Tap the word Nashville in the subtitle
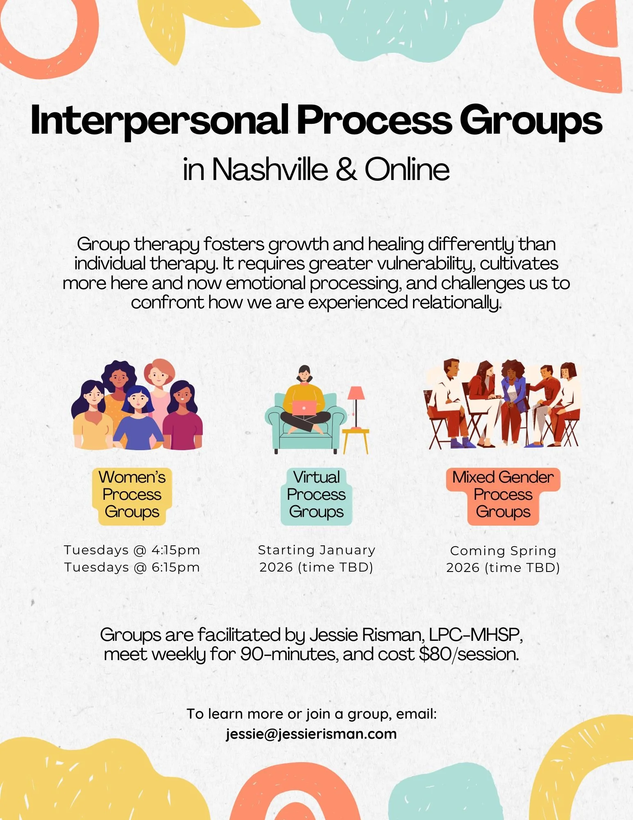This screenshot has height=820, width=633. (270, 169)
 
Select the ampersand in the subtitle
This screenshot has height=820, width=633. (346, 169)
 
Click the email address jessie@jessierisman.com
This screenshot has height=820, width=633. (311, 733)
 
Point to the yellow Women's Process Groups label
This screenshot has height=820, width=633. (132, 494)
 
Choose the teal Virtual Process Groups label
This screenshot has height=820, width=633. (316, 494)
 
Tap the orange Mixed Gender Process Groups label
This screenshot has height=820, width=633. (503, 494)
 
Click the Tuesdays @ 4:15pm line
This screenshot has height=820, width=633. (132, 550)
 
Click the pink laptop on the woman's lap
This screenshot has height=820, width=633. (304, 407)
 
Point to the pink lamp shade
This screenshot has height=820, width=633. (356, 393)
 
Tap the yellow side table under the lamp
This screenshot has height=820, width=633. (355, 439)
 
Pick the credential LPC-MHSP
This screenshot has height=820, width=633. (475, 635)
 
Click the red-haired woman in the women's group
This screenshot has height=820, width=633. (159, 381)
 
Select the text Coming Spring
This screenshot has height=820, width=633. (503, 550)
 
